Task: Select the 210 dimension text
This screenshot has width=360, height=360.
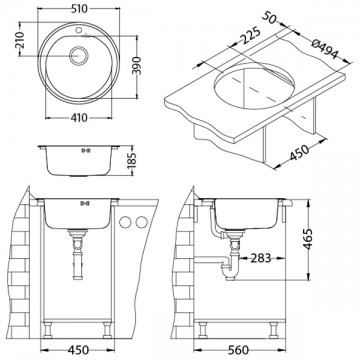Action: pos(9,42)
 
